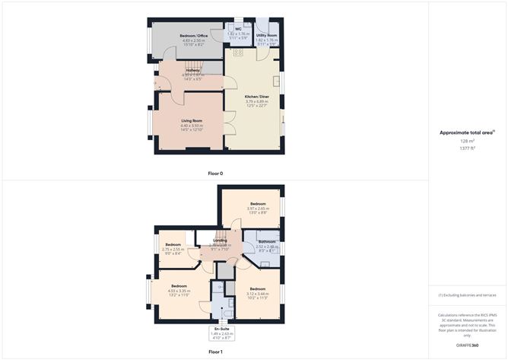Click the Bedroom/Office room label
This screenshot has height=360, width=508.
click(x=193, y=36)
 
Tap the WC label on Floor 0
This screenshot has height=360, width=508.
click(x=238, y=30)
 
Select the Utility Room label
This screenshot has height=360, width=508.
click(x=267, y=35)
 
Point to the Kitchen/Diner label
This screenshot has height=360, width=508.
click(x=257, y=97)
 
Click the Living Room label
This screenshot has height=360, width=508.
click(x=191, y=120)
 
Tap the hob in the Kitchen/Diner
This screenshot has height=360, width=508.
click(x=237, y=53)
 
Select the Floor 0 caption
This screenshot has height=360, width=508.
click(x=215, y=174)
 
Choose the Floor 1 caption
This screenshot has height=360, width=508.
click(x=215, y=352)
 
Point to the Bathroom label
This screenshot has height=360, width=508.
click(x=267, y=242)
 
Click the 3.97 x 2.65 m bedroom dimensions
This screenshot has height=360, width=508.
click(x=259, y=209)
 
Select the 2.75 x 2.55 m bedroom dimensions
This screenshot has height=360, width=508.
click(x=173, y=249)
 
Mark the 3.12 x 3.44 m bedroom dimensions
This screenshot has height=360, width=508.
click(x=258, y=293)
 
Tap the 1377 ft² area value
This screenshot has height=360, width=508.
click(x=467, y=148)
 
